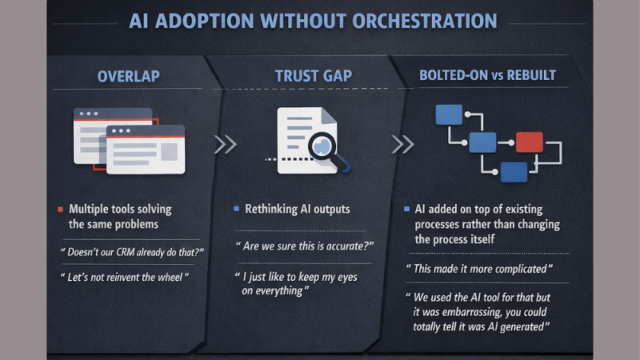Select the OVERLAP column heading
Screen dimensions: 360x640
(x=128, y=76)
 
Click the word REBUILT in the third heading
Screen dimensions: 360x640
(x=529, y=76)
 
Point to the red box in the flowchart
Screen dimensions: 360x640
(x=529, y=142)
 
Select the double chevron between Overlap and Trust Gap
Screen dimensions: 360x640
(x=225, y=144)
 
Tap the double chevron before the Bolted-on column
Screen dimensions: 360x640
(x=402, y=144)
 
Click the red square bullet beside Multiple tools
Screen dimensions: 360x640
(x=60, y=210)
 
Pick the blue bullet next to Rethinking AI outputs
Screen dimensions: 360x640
(x=236, y=210)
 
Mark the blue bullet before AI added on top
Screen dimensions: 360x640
(x=407, y=210)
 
